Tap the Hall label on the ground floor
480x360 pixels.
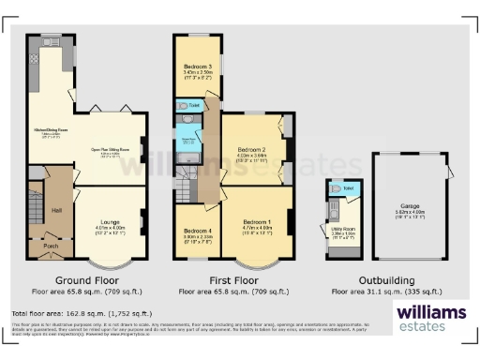(x=57, y=209)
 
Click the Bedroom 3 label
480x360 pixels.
(x=198, y=67)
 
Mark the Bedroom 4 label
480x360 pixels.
(x=198, y=231)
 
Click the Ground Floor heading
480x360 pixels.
(x=86, y=279)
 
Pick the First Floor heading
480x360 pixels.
(x=232, y=279)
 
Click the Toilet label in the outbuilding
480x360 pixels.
(x=348, y=188)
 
